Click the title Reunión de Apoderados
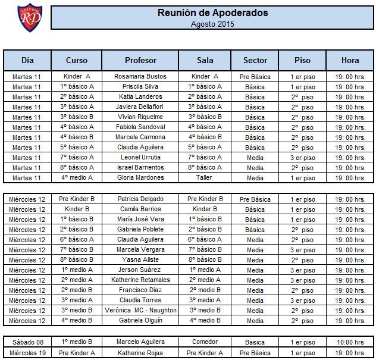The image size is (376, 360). pyautogui.click(x=212, y=12)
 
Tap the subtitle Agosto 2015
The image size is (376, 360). pyautogui.click(x=212, y=24)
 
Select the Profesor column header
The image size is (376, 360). pyautogui.click(x=140, y=61)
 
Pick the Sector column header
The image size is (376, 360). pyautogui.click(x=255, y=61)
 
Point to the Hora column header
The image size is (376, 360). pyautogui.click(x=350, y=61)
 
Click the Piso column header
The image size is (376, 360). pyautogui.click(x=302, y=61)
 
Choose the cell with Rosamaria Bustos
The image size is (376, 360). pyautogui.click(x=140, y=77)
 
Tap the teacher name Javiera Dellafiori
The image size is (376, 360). pyautogui.click(x=140, y=107)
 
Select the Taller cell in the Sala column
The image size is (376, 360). pyautogui.click(x=205, y=178)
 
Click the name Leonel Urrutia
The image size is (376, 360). pyautogui.click(x=140, y=158)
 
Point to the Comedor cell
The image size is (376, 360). pyautogui.click(x=205, y=342)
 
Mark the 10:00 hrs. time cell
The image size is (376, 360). pyautogui.click(x=350, y=342)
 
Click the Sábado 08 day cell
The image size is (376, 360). pyautogui.click(x=27, y=342)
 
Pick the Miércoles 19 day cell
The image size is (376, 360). pyautogui.click(x=27, y=352)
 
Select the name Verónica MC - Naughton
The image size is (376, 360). pyautogui.click(x=140, y=311)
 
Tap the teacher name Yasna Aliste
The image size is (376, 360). pyautogui.click(x=140, y=260)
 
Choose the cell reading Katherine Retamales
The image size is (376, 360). pyautogui.click(x=140, y=280)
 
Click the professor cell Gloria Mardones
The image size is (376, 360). pyautogui.click(x=140, y=178)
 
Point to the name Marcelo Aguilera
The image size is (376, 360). pyautogui.click(x=140, y=342)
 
